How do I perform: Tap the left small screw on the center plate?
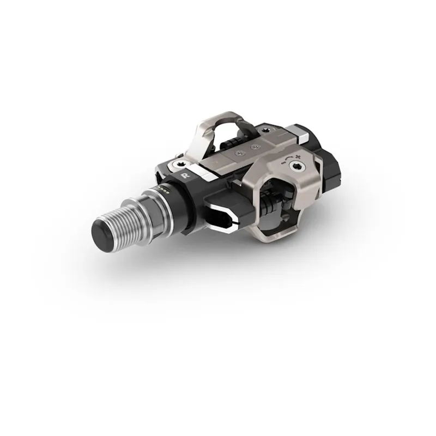point(237,154)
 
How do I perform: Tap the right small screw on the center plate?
point(253,147)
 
